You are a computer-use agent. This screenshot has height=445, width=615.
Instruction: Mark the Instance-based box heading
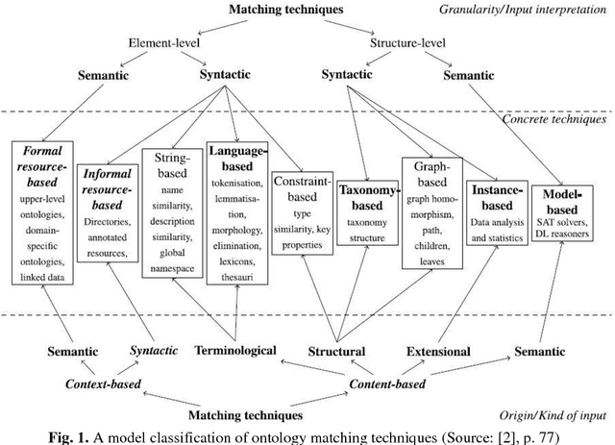pyautogui.click(x=492, y=195)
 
